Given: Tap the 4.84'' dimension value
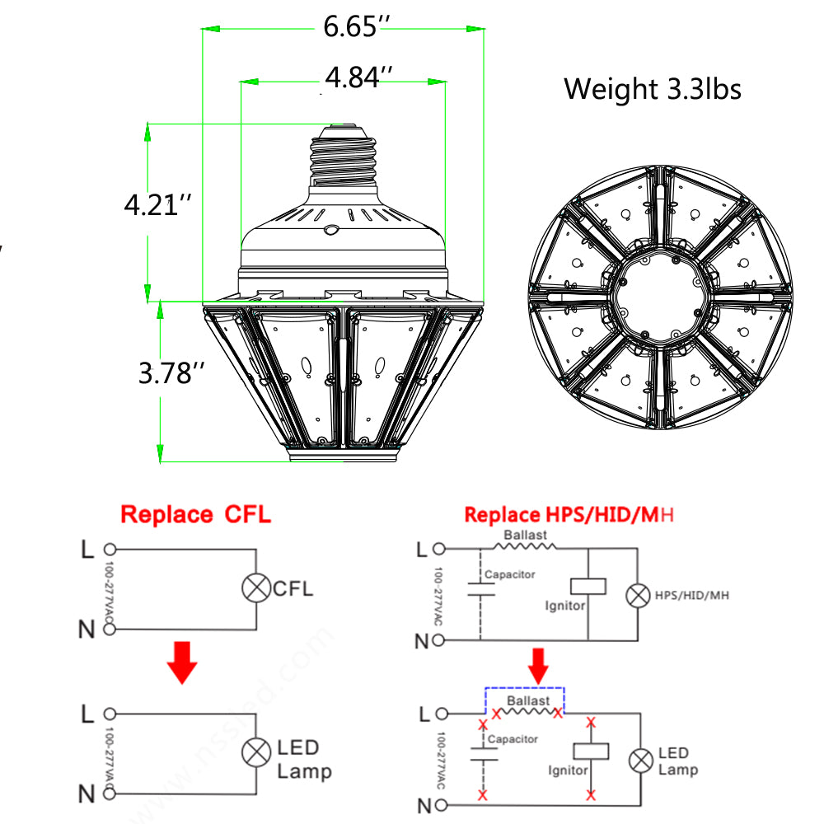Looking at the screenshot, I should pyautogui.click(x=358, y=78).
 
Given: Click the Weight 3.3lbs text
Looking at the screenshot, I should pyautogui.click(x=653, y=88).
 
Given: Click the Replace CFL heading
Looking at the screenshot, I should pyautogui.click(x=195, y=515).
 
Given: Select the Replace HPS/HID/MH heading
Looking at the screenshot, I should pyautogui.click(x=569, y=515).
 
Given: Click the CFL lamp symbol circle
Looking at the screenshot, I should pyautogui.click(x=255, y=589).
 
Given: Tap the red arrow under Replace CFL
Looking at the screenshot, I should pyautogui.click(x=182, y=663).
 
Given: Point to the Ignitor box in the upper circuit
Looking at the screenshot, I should pyautogui.click(x=588, y=586).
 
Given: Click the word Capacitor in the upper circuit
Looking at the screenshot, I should pyautogui.click(x=509, y=574).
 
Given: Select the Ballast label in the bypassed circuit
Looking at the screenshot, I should pyautogui.click(x=528, y=701).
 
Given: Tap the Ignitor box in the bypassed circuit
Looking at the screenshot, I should pyautogui.click(x=590, y=751).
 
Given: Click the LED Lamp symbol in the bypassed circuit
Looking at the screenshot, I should pyautogui.click(x=640, y=761).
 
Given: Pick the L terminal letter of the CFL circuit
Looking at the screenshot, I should pyautogui.click(x=87, y=549).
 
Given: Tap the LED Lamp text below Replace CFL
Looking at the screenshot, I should pyautogui.click(x=303, y=759).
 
